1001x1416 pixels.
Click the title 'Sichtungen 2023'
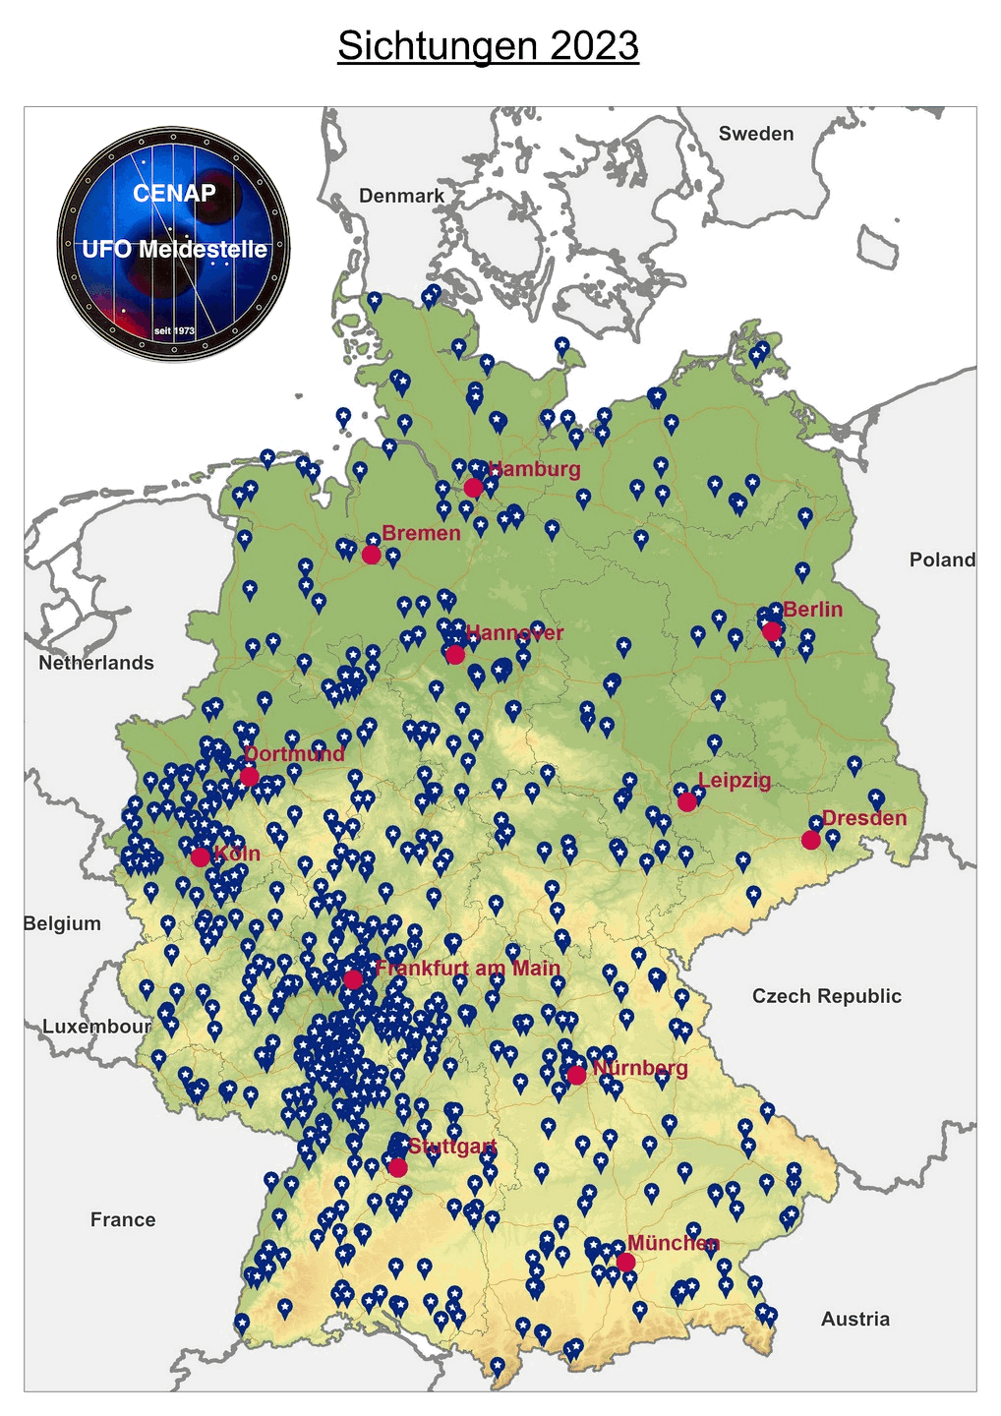pyautogui.click(x=488, y=46)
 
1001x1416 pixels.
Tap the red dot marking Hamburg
pyautogui.click(x=473, y=488)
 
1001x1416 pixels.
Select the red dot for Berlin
pyautogui.click(x=772, y=631)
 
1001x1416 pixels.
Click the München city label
pyautogui.click(x=674, y=1243)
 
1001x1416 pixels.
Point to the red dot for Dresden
pyautogui.click(x=810, y=840)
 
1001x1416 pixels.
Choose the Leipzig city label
pyautogui.click(x=735, y=781)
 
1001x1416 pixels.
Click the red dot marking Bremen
pyautogui.click(x=371, y=555)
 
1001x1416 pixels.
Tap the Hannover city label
pyautogui.click(x=515, y=632)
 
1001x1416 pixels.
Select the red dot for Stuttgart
pyautogui.click(x=397, y=1167)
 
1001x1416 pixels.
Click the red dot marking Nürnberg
pyautogui.click(x=577, y=1076)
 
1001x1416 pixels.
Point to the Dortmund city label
pyautogui.click(x=295, y=754)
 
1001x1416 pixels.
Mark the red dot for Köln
pyautogui.click(x=200, y=856)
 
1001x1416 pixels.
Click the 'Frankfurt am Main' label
pyautogui.click(x=468, y=968)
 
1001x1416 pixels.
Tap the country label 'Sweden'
pyautogui.click(x=755, y=134)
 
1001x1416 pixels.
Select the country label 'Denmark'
pyautogui.click(x=401, y=196)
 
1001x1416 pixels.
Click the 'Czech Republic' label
pyautogui.click(x=826, y=996)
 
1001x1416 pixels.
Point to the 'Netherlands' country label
pyautogui.click(x=96, y=663)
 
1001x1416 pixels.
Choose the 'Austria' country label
pyautogui.click(x=854, y=1319)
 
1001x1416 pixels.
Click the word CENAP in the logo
pyautogui.click(x=174, y=193)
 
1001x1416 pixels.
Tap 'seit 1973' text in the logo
pyautogui.click(x=174, y=330)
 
